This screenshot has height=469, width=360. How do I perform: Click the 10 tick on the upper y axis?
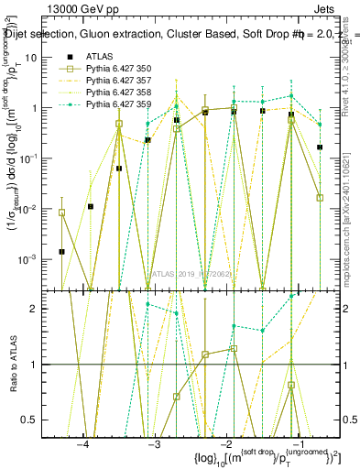click(x=41, y=57)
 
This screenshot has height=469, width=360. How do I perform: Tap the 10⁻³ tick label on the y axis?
click(x=38, y=259)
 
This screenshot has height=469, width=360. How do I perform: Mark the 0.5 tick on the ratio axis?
click(x=39, y=420)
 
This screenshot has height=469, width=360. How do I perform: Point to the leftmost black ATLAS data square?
click(x=61, y=251)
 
